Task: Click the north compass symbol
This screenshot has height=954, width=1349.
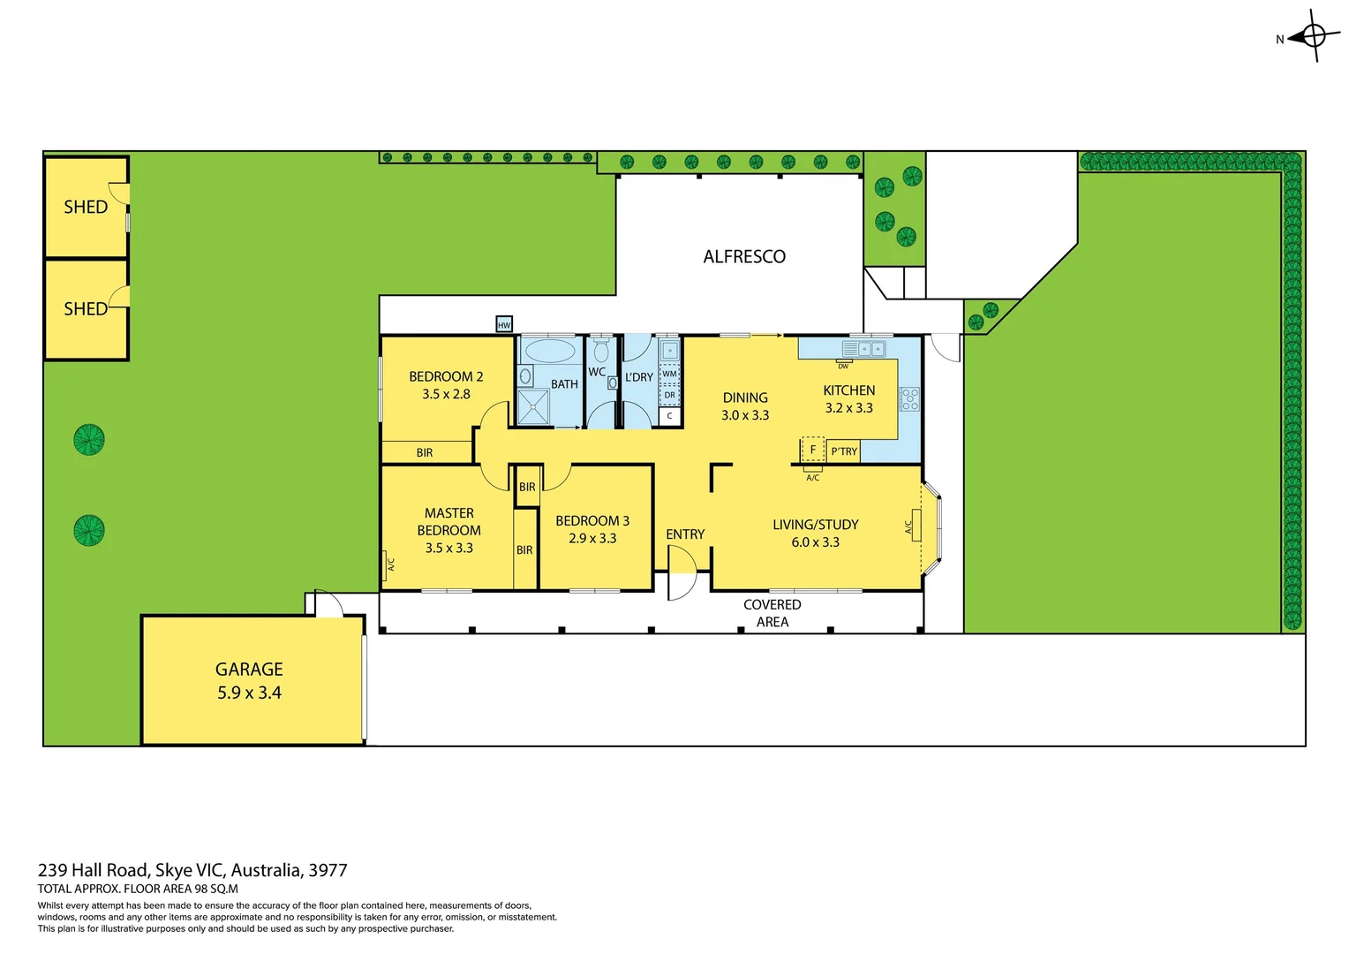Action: pyautogui.click(x=1313, y=37)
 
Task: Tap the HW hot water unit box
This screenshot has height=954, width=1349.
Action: pyautogui.click(x=504, y=325)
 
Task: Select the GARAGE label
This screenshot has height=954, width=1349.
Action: pyautogui.click(x=249, y=670)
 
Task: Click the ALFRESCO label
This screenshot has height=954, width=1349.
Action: pyautogui.click(x=744, y=257)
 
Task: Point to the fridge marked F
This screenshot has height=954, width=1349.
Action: pyautogui.click(x=812, y=450)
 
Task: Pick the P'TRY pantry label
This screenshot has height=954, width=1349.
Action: pyautogui.click(x=844, y=451)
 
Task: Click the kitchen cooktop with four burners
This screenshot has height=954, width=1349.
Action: pyautogui.click(x=909, y=399)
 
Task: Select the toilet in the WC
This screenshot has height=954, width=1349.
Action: pyautogui.click(x=601, y=352)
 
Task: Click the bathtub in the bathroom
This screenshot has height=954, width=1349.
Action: pyautogui.click(x=550, y=352)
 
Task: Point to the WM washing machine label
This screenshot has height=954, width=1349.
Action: pyautogui.click(x=669, y=374)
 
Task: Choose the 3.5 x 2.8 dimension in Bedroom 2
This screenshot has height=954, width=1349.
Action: pyautogui.click(x=446, y=395)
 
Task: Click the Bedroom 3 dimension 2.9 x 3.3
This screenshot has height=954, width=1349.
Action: pyautogui.click(x=592, y=539)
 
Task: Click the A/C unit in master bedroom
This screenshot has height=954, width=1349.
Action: pyautogui.click(x=388, y=563)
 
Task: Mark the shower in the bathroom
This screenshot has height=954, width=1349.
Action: pyautogui.click(x=533, y=406)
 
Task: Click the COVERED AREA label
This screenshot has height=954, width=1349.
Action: pyautogui.click(x=772, y=613)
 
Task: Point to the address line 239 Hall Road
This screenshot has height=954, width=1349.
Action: pyautogui.click(x=192, y=870)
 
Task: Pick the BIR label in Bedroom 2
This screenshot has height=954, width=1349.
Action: pyautogui.click(x=425, y=453)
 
